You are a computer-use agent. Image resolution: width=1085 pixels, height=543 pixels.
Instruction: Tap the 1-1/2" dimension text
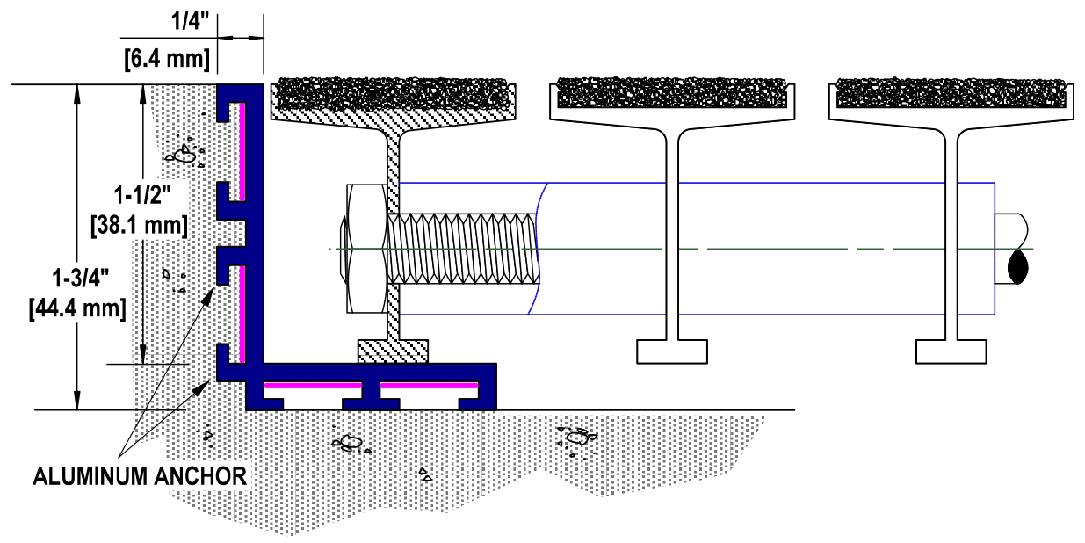click(x=141, y=195)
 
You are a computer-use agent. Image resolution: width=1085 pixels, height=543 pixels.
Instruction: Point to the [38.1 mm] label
click(x=139, y=225)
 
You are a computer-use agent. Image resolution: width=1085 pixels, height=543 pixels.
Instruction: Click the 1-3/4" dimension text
click(x=77, y=279)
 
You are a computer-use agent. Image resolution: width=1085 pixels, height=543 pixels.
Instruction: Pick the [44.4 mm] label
click(x=77, y=308)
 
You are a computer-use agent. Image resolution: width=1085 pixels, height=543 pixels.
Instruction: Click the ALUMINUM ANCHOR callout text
click(x=140, y=476)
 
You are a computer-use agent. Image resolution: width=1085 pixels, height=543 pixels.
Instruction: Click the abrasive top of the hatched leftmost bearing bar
click(x=392, y=91)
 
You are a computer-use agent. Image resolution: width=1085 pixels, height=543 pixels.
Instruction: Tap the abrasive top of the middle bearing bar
click(x=672, y=90)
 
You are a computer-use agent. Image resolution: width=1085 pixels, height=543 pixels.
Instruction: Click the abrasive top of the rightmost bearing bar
click(x=951, y=90)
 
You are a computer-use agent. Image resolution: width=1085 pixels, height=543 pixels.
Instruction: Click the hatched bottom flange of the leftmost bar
click(x=393, y=351)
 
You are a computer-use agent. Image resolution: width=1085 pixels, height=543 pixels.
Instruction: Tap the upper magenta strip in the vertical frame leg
click(x=241, y=147)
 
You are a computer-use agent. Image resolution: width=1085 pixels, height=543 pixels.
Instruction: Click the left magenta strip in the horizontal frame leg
click(x=312, y=386)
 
